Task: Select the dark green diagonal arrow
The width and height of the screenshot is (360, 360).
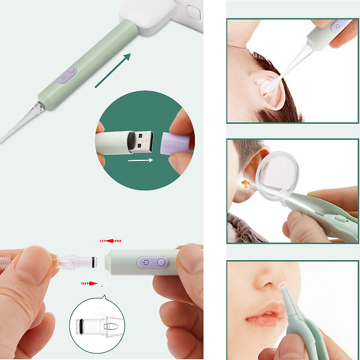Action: [113, 71]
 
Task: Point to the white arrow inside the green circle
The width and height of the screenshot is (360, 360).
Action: [140, 160]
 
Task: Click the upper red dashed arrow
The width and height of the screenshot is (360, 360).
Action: [110, 240]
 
